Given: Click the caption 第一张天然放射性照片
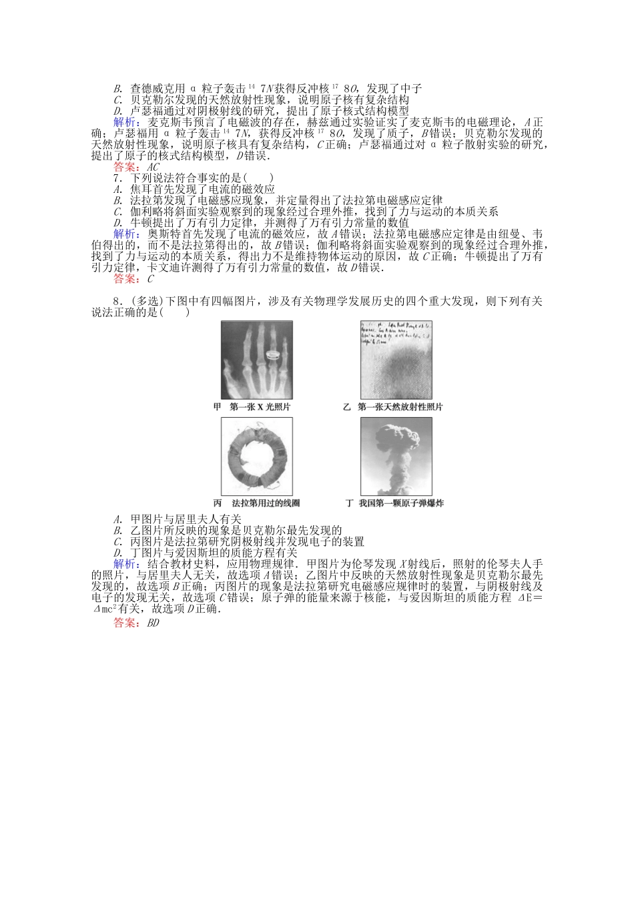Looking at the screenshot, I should (x=400, y=406).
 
